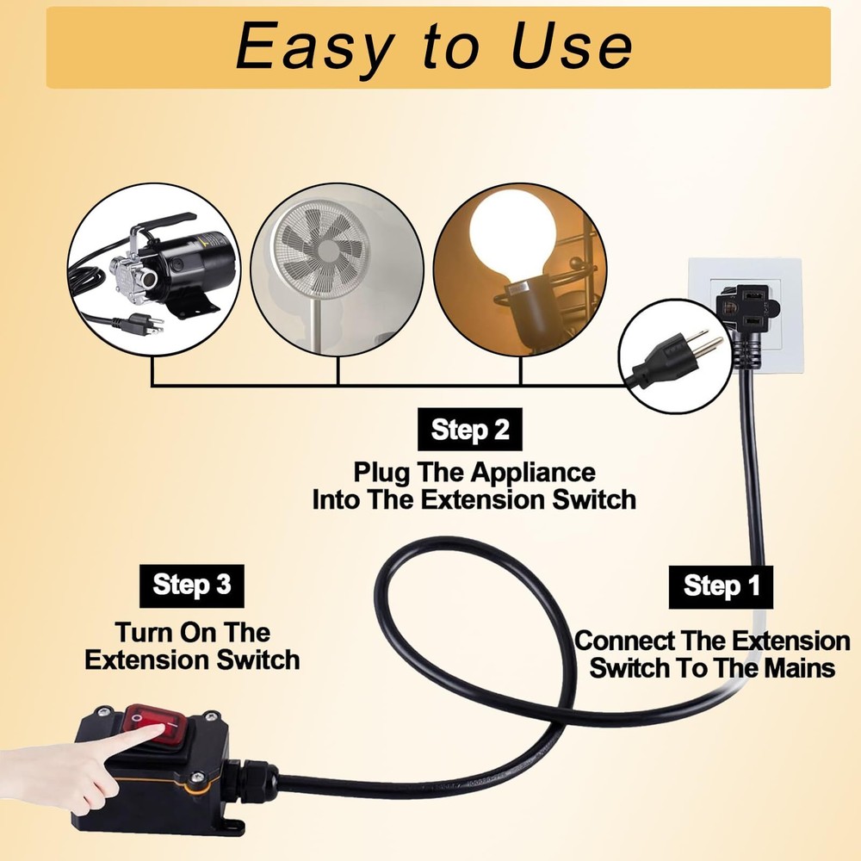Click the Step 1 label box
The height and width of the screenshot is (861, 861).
[722, 586]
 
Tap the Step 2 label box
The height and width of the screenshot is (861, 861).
[469, 430]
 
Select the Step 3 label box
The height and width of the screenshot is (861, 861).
[191, 585]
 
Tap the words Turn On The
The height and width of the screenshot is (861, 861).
[193, 632]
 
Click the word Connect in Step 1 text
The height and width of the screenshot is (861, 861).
[613, 641]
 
